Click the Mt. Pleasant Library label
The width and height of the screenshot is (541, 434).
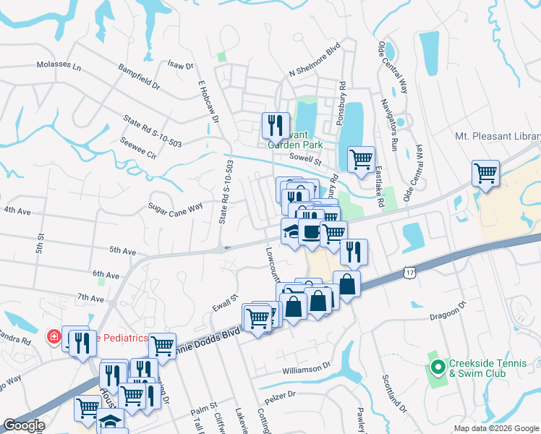point(497,135)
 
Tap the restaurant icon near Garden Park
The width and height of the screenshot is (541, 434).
point(276,126)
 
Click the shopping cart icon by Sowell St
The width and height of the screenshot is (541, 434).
point(361,159)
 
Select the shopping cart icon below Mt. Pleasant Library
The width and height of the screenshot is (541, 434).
point(485,173)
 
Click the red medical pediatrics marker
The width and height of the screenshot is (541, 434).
point(54,337)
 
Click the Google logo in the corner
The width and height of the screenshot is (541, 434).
point(24,425)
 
